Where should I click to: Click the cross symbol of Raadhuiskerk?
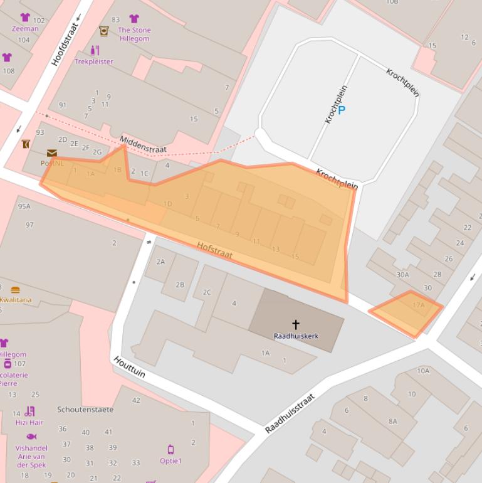[x=295, y=324]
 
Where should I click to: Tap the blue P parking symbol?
[x=342, y=110]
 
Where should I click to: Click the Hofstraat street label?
[x=214, y=250]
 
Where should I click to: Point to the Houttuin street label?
[x=130, y=367]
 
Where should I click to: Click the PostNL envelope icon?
[x=51, y=153]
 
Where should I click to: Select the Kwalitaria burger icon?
[x=15, y=290]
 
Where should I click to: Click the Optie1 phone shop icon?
[x=170, y=450]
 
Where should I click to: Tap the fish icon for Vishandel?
[x=31, y=437]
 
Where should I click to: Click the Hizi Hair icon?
[x=29, y=412]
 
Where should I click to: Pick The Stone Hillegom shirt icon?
[x=134, y=19]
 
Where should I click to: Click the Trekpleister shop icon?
[x=95, y=50]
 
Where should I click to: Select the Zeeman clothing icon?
[x=25, y=18]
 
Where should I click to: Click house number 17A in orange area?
[x=418, y=305]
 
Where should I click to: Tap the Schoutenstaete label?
[x=85, y=410]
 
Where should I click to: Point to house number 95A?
[x=24, y=206]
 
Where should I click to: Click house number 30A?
[x=402, y=274]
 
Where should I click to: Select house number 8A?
[x=392, y=421]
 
